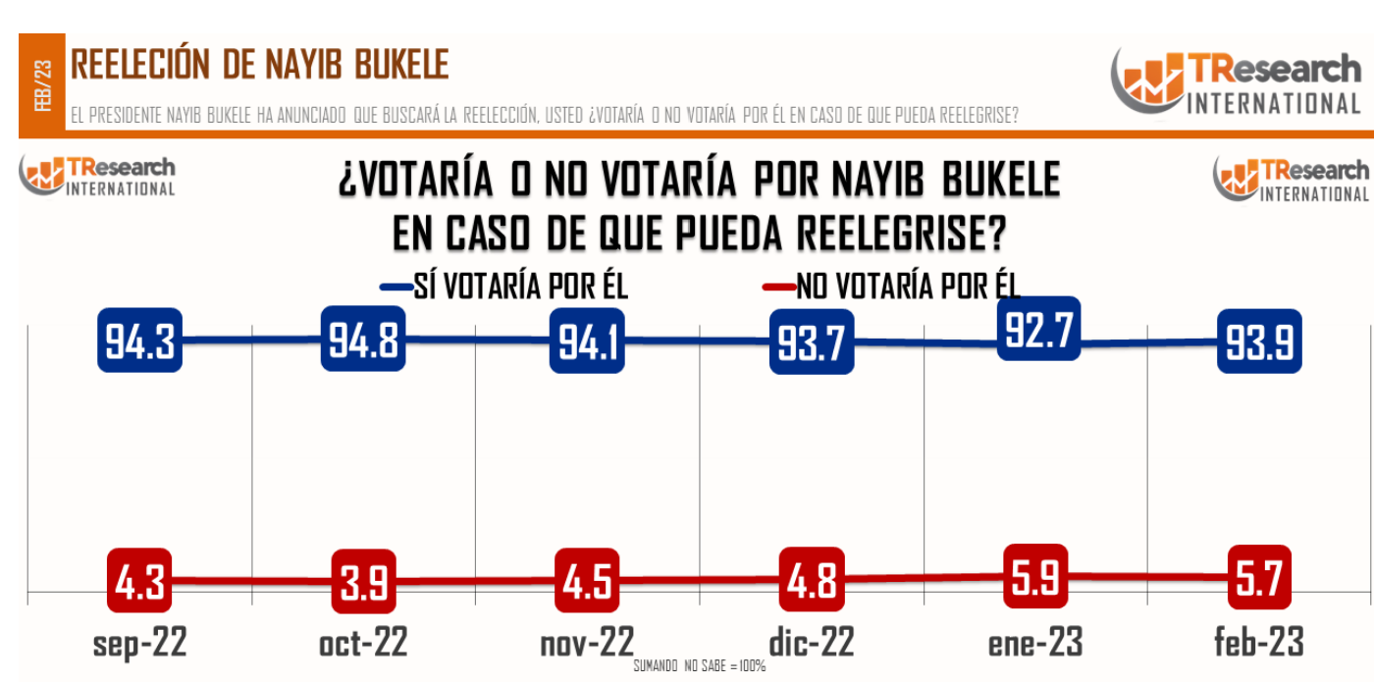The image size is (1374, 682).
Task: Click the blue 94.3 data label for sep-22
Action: pos(140,341)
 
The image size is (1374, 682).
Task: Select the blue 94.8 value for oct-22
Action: pos(363,339)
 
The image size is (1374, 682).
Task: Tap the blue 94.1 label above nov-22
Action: pos(587,341)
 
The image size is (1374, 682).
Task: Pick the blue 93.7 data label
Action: pos(811,342)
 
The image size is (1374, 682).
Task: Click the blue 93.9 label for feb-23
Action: pos(1259,341)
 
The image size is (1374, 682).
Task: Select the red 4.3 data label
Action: pos(139,580)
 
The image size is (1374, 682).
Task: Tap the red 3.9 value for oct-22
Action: pos(363,582)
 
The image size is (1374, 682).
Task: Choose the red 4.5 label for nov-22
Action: pos(587,580)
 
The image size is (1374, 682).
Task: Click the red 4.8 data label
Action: pos(812,579)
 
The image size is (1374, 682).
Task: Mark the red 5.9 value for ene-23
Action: pos(1036,575)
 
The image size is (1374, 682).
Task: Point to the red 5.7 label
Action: pos(1259,576)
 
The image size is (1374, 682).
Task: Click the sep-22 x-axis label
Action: pos(139,643)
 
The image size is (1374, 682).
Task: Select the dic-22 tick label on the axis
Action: pos(811,643)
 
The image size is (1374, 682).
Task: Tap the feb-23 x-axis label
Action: pos(1259,643)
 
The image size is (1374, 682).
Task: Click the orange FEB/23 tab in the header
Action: pos(42,85)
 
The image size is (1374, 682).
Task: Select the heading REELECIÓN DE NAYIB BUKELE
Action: pos(260,65)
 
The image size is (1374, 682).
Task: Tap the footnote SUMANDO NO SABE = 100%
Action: pos(699,667)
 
